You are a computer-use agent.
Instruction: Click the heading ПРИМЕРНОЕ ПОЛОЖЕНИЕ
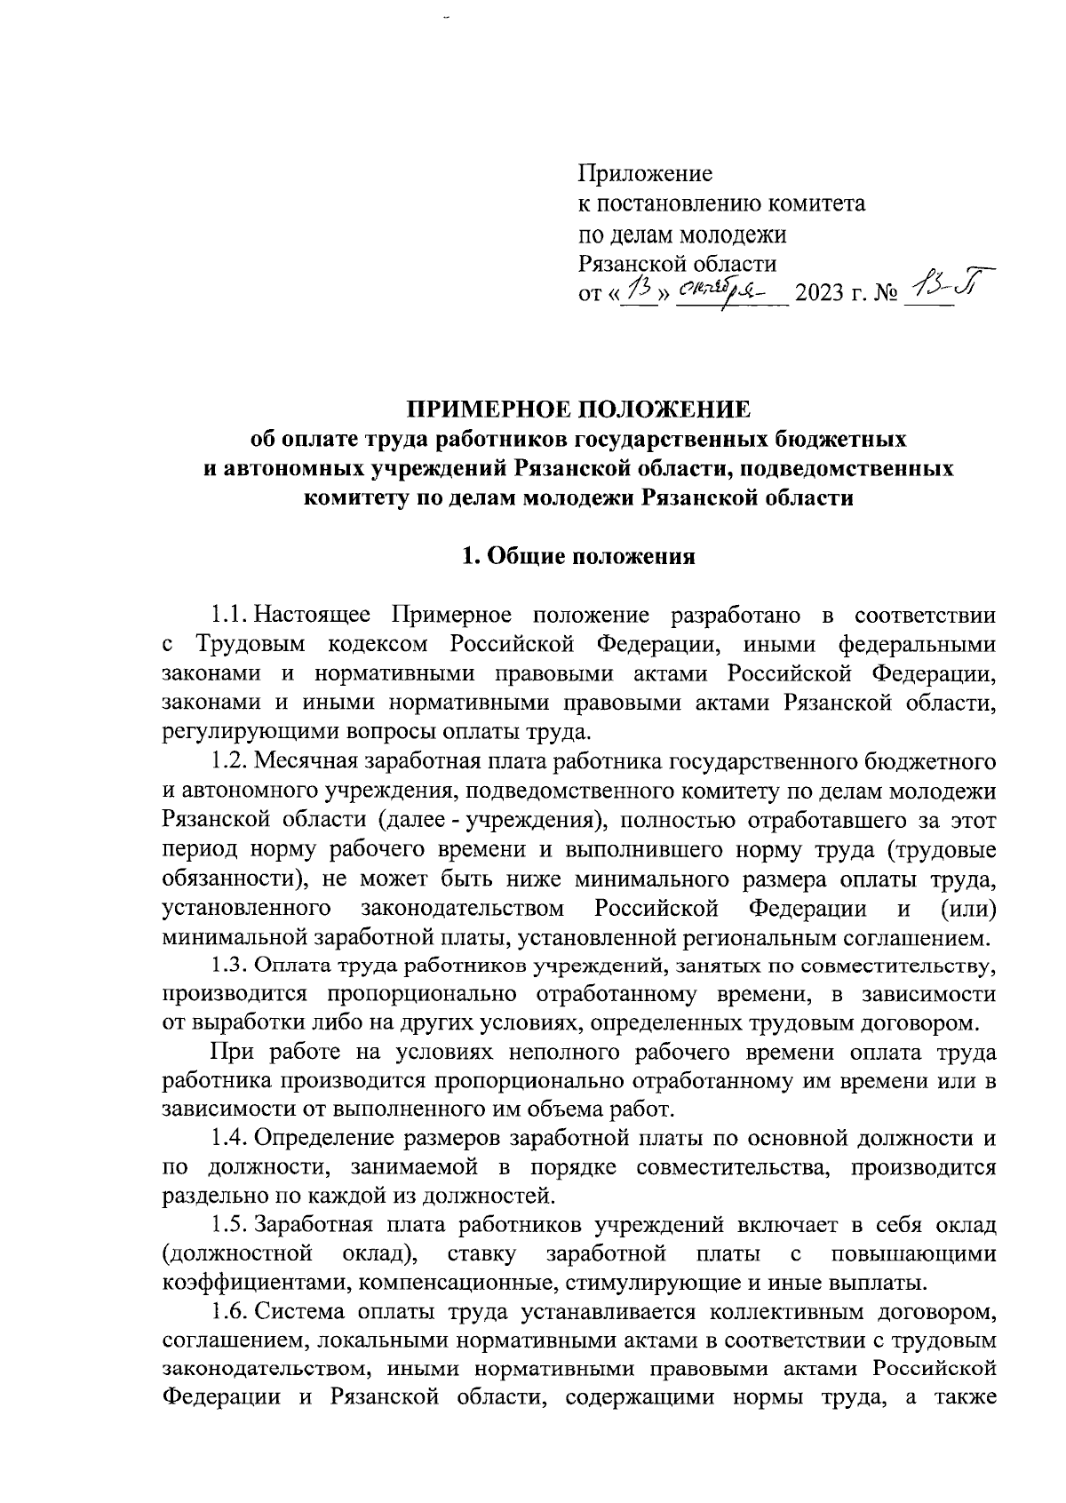coord(578,410)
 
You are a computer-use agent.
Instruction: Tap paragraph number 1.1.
coord(230,616)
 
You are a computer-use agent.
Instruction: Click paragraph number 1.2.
coord(230,762)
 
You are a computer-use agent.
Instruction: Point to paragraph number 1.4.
coord(230,1139)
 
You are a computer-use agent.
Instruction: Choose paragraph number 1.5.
coord(230,1227)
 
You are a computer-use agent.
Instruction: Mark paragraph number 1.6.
coord(230,1314)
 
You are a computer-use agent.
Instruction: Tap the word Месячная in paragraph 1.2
coord(308,762)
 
